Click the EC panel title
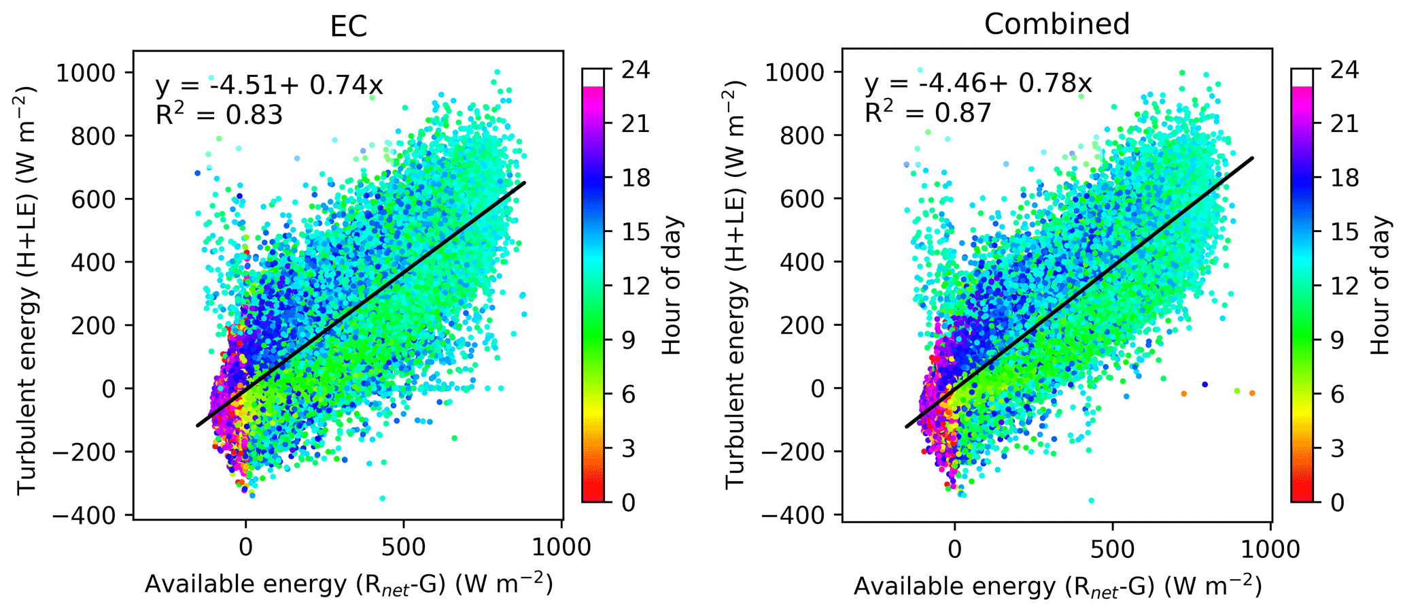pos(348,26)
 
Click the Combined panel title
pos(1056,24)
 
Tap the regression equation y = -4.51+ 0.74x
pos(269,86)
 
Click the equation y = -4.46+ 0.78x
pos(978,84)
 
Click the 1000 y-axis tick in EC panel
pos(85,72)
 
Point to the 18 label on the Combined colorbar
pos(1345,178)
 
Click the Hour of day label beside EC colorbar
pos(672,286)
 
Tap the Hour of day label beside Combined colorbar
pos(1381,286)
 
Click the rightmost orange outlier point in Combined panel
pos(1252,393)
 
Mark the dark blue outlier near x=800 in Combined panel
pos(1204,385)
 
